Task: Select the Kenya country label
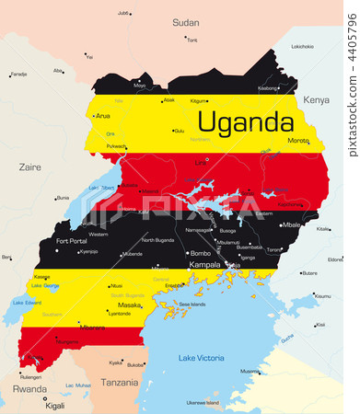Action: click(x=316, y=99)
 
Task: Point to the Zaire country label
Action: click(x=29, y=167)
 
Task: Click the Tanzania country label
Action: click(x=120, y=382)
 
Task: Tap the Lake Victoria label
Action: click(x=200, y=357)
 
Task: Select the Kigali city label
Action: click(x=55, y=405)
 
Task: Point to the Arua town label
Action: click(x=102, y=116)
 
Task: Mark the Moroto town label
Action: click(x=299, y=141)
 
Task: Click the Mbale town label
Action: click(x=292, y=224)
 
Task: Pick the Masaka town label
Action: click(x=130, y=305)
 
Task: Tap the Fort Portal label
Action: click(x=71, y=241)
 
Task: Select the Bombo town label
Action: click(x=201, y=253)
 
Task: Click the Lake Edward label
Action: click(x=28, y=303)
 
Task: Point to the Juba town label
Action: click(x=123, y=14)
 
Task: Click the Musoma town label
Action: click(x=250, y=371)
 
